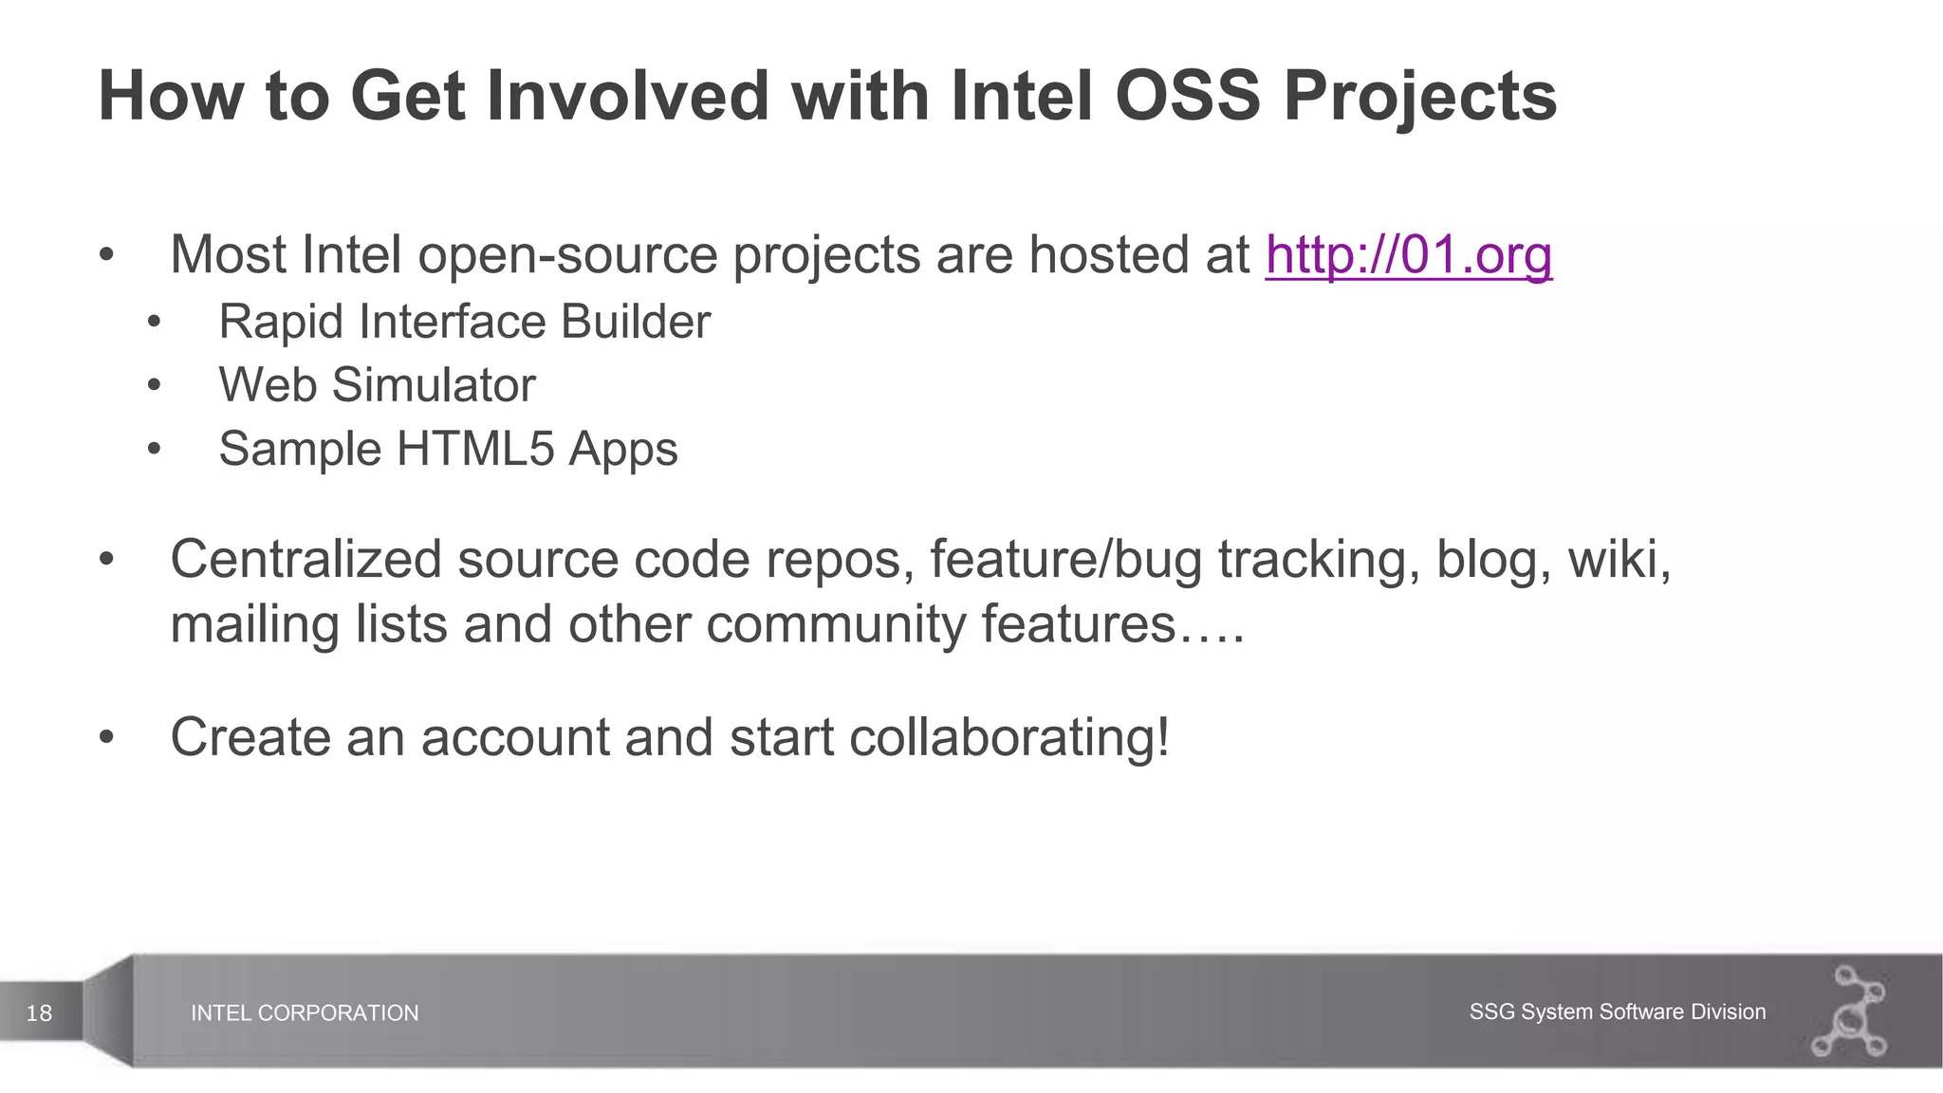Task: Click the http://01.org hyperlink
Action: tap(1408, 255)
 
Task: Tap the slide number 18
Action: tap(39, 1013)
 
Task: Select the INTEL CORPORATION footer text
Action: tap(305, 1013)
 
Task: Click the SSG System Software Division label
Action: tap(1617, 1011)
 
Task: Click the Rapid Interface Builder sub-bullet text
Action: tap(464, 322)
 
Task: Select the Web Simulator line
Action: tap(377, 385)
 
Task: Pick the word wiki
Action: tap(1618, 559)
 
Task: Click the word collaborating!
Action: tap(1009, 737)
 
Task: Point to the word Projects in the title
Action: tap(1419, 96)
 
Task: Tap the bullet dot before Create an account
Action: tap(106, 737)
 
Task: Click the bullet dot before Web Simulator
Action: tap(155, 386)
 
